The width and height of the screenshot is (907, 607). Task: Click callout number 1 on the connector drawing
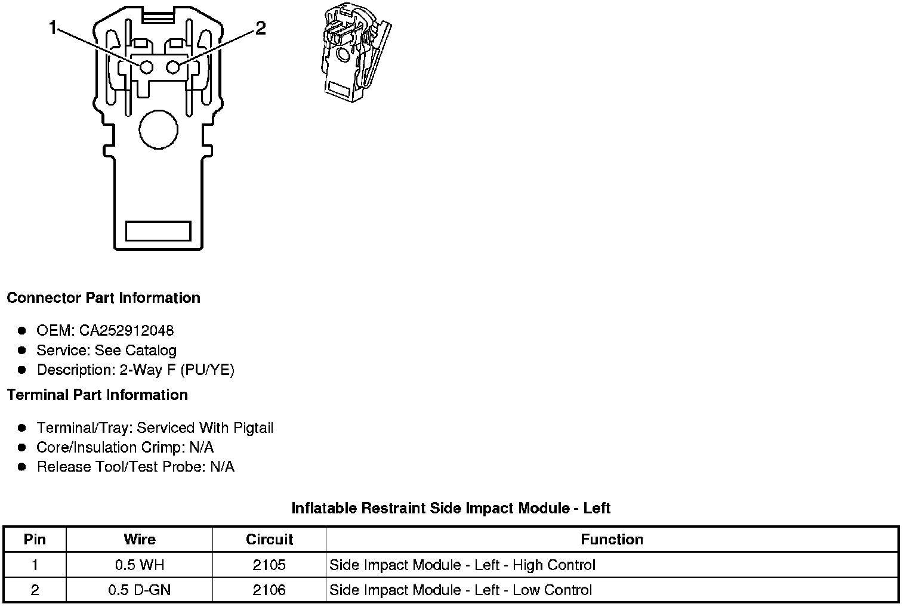point(54,27)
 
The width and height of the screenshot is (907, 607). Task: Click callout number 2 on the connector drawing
point(260,28)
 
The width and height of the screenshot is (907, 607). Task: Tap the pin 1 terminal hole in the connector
point(146,67)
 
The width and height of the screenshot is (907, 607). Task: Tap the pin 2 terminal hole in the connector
point(173,67)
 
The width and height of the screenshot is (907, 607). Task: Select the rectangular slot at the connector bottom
point(158,231)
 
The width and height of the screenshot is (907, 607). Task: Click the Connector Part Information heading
point(103,298)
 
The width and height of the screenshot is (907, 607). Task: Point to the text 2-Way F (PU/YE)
point(177,370)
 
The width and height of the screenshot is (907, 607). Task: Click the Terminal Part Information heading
point(97,395)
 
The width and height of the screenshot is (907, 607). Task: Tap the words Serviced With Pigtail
point(205,428)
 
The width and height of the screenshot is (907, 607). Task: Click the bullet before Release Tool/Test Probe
point(22,467)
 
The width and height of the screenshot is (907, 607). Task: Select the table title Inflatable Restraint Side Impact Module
point(451,508)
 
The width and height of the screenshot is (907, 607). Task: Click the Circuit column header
point(269,540)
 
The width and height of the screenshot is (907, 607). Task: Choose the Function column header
point(612,540)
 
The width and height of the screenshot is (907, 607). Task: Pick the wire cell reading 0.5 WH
point(139,565)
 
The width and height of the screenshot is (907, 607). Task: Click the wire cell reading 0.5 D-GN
point(139,590)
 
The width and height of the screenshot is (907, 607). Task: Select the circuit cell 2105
point(269,565)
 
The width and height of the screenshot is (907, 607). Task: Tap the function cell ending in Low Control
point(461,590)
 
